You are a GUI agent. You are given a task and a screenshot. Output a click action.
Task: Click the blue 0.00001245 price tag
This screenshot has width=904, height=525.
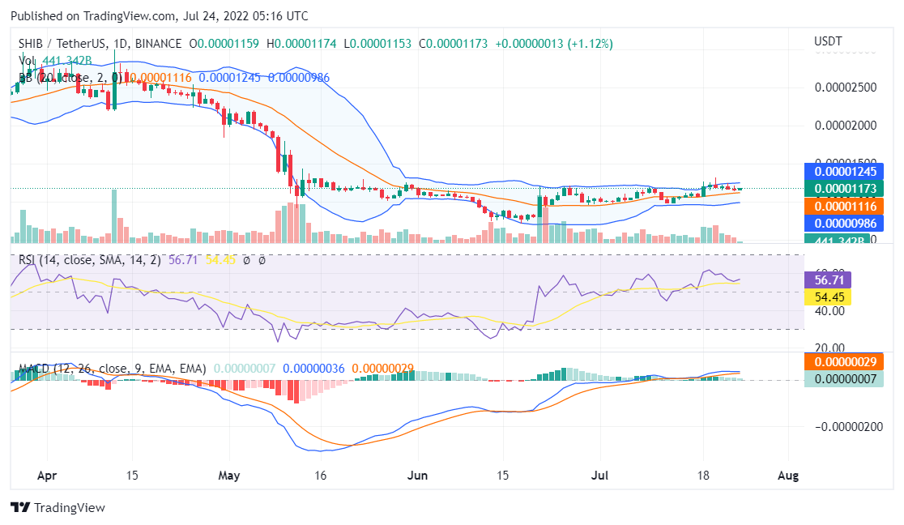[x=850, y=172]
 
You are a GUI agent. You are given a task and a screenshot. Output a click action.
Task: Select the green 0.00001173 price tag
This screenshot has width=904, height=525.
[x=850, y=189]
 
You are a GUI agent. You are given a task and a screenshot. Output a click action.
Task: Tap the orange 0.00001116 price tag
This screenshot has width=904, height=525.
[x=850, y=207]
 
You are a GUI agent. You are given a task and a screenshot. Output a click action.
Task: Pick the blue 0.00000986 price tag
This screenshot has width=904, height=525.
[x=850, y=224]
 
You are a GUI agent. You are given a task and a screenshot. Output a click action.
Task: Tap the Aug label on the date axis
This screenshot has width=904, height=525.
[x=787, y=476]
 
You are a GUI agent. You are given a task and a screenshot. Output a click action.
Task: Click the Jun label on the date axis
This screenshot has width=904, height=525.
[x=418, y=476]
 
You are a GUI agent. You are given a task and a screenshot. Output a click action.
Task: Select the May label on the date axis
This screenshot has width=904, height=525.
[x=230, y=476]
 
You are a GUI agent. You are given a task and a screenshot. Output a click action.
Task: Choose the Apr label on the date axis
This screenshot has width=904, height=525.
[x=48, y=476]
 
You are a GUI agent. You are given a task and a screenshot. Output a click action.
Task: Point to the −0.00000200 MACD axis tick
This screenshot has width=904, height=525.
[x=847, y=427]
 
